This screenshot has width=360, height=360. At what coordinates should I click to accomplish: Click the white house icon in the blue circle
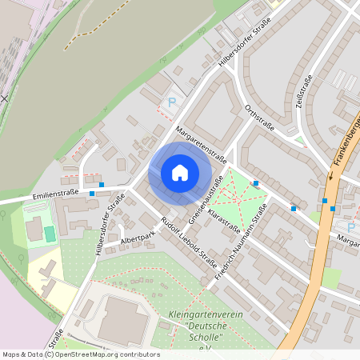coord(179,172)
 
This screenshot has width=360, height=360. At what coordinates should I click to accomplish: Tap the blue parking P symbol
coord(171,102)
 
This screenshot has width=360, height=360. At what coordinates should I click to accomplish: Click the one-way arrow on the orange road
coord(330,174)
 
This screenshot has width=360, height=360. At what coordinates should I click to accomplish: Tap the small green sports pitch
coord(50,233)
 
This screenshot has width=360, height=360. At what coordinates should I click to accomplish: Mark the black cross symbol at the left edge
coord(4,98)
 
